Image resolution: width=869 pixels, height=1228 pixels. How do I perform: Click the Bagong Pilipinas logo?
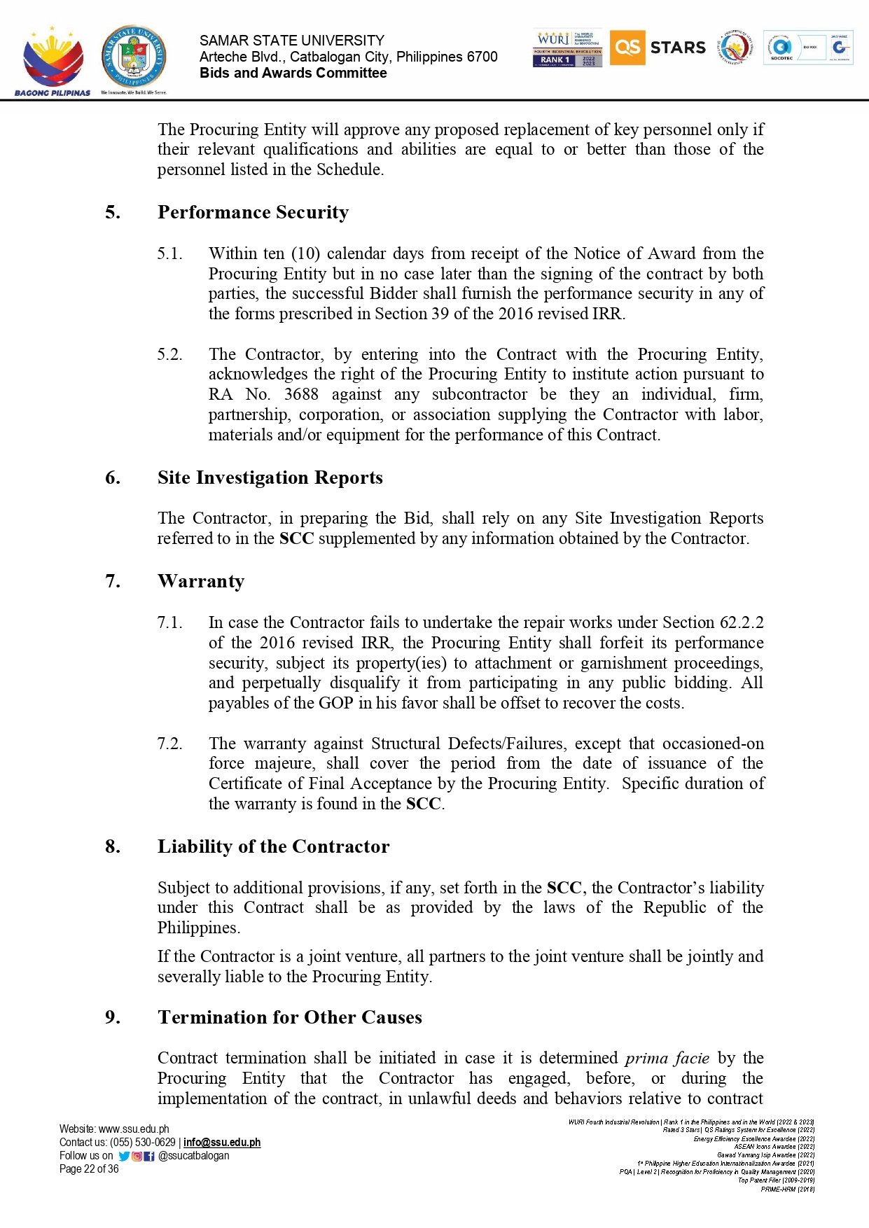pyautogui.click(x=53, y=62)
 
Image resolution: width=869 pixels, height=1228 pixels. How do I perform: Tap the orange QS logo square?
pyautogui.click(x=627, y=48)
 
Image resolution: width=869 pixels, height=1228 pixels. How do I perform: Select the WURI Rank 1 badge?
pyautogui.click(x=567, y=48)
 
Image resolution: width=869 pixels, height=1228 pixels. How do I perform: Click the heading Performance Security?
pyautogui.click(x=253, y=212)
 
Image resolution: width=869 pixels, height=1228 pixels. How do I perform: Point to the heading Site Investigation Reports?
pyautogui.click(x=270, y=477)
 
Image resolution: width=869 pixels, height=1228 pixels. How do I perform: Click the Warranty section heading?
pyautogui.click(x=201, y=581)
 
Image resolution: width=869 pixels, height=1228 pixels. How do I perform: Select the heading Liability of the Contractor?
pyautogui.click(x=273, y=846)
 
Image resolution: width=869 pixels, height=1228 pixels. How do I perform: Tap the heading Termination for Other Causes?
pyautogui.click(x=289, y=1017)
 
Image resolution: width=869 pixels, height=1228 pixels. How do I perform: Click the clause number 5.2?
pyautogui.click(x=169, y=354)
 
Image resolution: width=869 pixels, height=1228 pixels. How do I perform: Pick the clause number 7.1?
pyautogui.click(x=169, y=622)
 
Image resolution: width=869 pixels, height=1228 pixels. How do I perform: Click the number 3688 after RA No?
pyautogui.click(x=301, y=394)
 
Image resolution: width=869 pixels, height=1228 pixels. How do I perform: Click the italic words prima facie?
pyautogui.click(x=667, y=1058)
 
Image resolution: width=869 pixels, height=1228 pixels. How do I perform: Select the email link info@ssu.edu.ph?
pyautogui.click(x=222, y=1143)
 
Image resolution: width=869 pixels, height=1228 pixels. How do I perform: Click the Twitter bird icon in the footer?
pyautogui.click(x=124, y=1157)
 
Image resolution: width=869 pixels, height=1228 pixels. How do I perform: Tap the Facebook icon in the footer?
pyautogui.click(x=149, y=1157)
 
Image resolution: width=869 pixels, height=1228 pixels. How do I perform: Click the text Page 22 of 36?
pyautogui.click(x=89, y=1169)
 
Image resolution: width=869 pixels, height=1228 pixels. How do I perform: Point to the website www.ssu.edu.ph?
pyautogui.click(x=134, y=1129)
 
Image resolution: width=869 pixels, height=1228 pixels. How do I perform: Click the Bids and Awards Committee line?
pyautogui.click(x=293, y=74)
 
